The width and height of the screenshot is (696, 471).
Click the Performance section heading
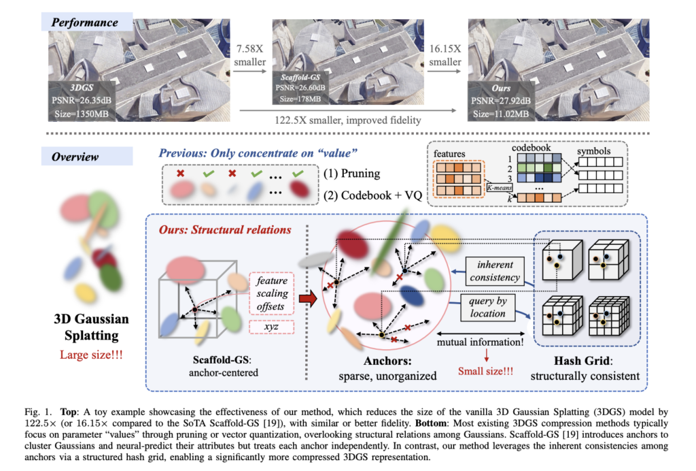tap(80, 22)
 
